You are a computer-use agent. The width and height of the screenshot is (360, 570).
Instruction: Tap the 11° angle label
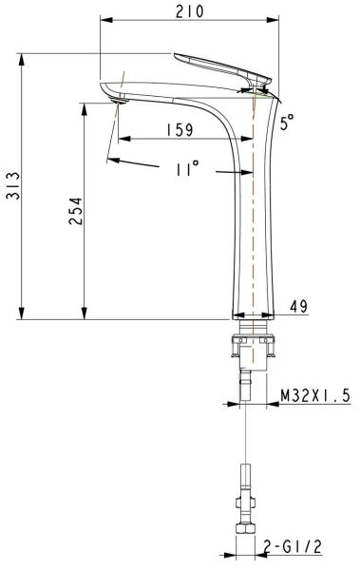click(x=187, y=169)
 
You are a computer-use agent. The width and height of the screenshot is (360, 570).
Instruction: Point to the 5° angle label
click(x=288, y=122)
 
